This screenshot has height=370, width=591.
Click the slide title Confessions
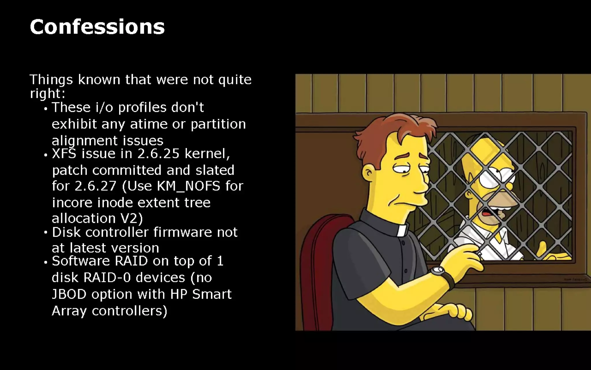tap(97, 27)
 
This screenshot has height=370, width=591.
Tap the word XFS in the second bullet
tap(64, 153)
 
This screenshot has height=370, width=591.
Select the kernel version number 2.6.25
tap(158, 153)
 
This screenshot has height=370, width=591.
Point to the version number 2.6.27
tap(95, 186)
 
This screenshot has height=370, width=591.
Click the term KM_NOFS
tap(188, 186)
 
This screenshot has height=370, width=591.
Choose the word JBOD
tap(69, 294)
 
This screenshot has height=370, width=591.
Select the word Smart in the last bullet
tap(212, 294)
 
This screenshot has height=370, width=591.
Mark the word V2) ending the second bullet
tap(132, 218)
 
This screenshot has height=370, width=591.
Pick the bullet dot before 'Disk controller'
tap(46, 232)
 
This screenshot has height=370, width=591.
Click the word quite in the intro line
tap(235, 80)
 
